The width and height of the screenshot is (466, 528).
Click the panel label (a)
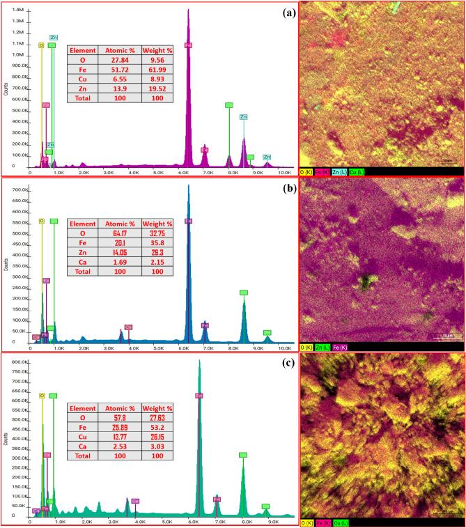(284, 12)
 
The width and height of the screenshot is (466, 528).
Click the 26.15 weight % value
(157, 437)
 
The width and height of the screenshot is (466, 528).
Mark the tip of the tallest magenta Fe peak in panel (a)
(188, 10)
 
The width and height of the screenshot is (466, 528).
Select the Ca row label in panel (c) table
(83, 447)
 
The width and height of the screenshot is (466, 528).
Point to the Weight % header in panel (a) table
(157, 51)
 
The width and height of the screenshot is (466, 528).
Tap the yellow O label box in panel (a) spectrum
(41, 45)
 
